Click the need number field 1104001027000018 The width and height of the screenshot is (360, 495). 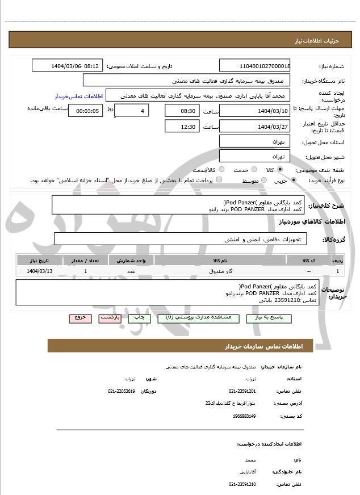click(x=255, y=66)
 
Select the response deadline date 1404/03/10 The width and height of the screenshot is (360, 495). click(x=255, y=110)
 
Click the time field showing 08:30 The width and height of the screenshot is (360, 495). click(x=182, y=110)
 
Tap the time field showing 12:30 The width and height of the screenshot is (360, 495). click(x=182, y=127)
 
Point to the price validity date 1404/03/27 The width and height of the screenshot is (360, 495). click(x=255, y=127)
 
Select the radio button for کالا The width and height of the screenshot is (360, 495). click(x=280, y=170)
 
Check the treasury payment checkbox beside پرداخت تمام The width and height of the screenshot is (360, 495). click(x=219, y=180)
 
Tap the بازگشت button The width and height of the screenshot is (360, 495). click(x=110, y=318)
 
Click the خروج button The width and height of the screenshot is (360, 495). click(x=80, y=318)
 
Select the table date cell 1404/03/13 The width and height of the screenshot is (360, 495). click(x=39, y=271)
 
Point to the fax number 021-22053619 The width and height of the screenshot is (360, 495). click(x=122, y=392)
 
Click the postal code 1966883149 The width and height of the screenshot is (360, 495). click(x=244, y=416)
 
